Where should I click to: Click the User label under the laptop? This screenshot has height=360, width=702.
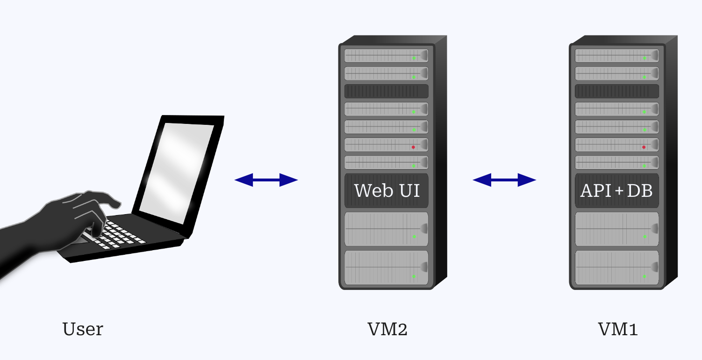(83, 329)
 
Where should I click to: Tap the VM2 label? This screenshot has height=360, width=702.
(387, 329)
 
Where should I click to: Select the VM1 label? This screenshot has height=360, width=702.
(618, 329)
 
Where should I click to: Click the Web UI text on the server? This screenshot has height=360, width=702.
(387, 191)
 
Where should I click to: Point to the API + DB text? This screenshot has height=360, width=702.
(616, 191)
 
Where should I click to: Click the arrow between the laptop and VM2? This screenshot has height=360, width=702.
(266, 180)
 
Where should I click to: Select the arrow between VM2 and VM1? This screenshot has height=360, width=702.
(504, 180)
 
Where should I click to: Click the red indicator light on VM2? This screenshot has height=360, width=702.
(413, 147)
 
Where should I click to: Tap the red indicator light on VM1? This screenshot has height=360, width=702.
(644, 147)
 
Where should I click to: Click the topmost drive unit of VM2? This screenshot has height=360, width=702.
(386, 56)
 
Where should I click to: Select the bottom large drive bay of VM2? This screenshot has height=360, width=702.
(386, 267)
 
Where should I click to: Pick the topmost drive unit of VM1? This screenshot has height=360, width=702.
(616, 56)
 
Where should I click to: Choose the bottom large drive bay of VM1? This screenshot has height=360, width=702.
(616, 267)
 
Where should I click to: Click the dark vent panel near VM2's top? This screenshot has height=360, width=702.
(386, 91)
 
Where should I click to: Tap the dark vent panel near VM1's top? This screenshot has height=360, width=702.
(616, 91)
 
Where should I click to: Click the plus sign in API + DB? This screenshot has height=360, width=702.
(616, 191)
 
